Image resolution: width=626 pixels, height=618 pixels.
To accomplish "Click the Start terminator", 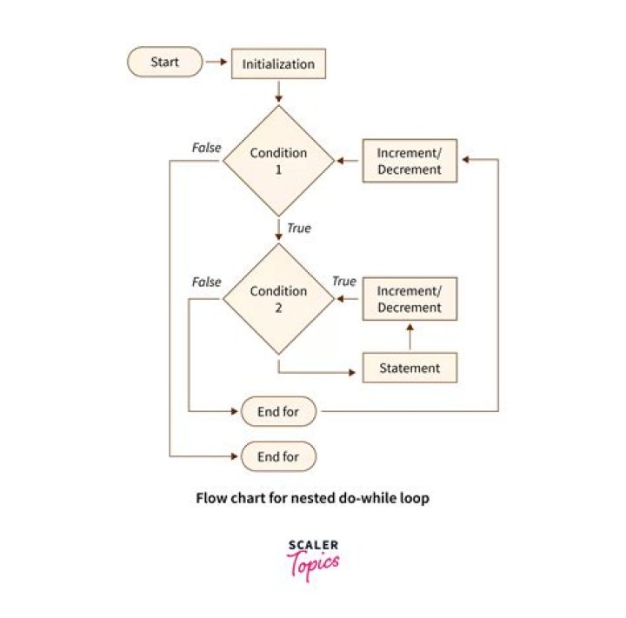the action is click(165, 62).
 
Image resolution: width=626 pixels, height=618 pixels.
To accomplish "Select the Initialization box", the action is click(279, 63).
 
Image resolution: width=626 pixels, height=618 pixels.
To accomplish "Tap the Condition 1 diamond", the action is click(279, 161).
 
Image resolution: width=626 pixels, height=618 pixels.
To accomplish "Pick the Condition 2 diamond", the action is click(279, 299).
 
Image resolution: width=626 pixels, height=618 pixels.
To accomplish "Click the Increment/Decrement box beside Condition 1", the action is click(410, 161).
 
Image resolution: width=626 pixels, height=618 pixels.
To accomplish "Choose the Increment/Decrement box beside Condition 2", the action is click(410, 299).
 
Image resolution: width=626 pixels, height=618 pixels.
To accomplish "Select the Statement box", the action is click(410, 368).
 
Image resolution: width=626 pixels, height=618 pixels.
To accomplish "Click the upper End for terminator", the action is click(279, 411).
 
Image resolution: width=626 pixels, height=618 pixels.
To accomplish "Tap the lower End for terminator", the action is click(279, 456).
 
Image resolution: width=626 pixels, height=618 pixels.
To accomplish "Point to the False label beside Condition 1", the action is click(206, 148).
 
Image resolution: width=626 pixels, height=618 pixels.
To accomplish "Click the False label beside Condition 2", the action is click(206, 282).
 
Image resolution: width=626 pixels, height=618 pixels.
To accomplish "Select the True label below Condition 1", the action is click(299, 229).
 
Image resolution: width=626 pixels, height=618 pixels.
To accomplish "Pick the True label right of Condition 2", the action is click(344, 282).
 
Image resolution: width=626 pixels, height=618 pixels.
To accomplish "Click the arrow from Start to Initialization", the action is click(216, 62).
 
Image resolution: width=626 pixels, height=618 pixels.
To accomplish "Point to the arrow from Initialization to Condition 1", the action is click(279, 92).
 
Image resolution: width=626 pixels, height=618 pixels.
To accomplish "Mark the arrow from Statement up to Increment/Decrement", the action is click(410, 337).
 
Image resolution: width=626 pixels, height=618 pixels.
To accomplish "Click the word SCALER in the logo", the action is click(313, 545).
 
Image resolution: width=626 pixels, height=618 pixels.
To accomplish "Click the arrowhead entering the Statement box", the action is click(352, 373).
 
